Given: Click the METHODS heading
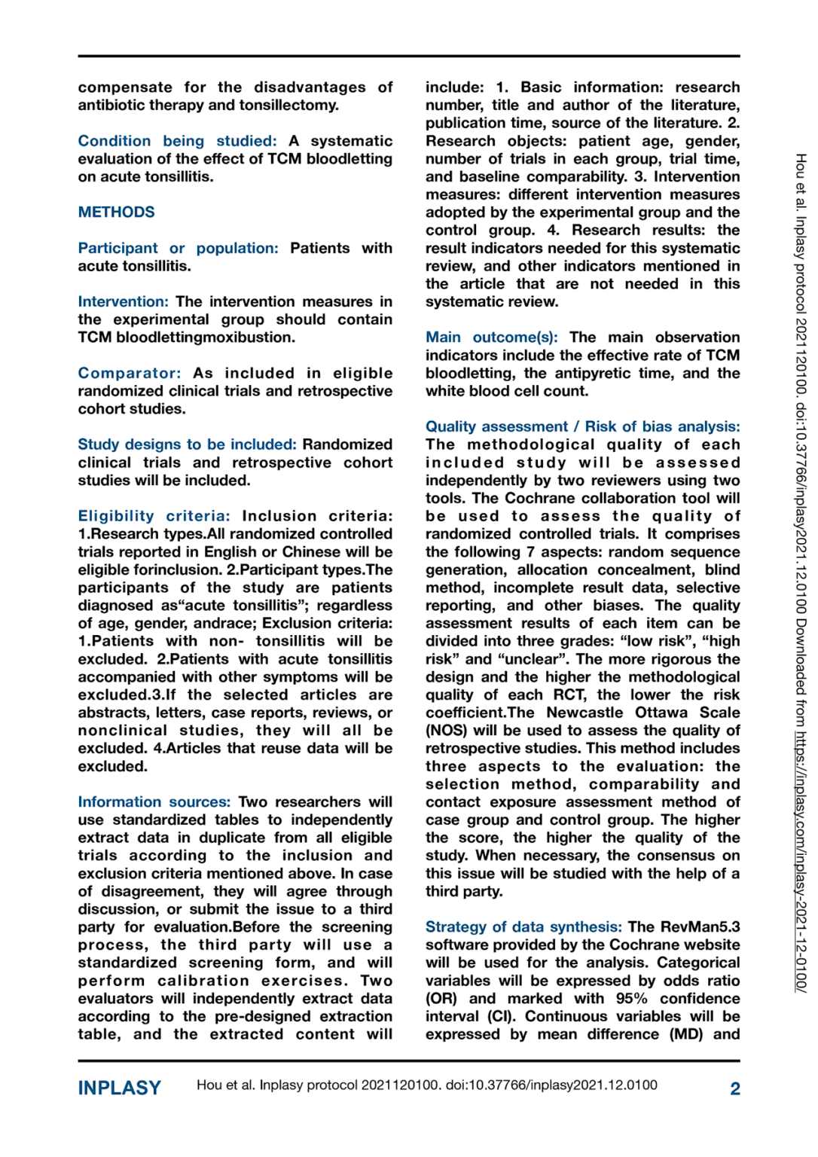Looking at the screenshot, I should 116,212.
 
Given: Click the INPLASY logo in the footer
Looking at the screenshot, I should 119,1088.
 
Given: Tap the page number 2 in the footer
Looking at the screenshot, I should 734,1088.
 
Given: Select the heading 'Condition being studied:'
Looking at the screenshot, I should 177,141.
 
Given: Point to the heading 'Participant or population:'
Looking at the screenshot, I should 178,248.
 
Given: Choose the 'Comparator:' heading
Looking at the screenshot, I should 129,373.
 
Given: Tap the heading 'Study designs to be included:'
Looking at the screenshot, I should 187,444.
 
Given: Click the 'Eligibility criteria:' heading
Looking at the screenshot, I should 154,516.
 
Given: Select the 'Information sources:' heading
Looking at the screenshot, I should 154,801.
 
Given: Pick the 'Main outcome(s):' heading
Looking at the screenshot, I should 491,337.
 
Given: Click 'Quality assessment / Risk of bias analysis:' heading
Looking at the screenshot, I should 582,426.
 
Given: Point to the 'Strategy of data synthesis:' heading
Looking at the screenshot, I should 523,927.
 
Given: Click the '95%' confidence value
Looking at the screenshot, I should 631,998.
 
